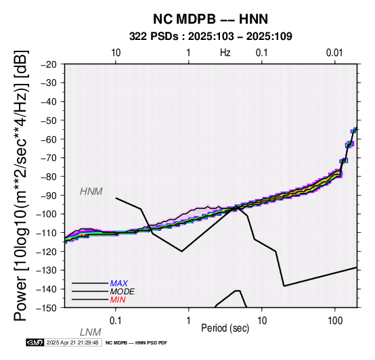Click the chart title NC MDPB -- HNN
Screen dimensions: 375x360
click(211, 19)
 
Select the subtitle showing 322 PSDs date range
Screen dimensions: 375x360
click(211, 37)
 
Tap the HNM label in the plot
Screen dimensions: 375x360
click(91, 192)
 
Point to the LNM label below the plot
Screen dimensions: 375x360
click(91, 332)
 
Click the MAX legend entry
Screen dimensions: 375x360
click(119, 284)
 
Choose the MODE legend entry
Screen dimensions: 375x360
click(123, 292)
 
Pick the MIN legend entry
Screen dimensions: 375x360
click(118, 300)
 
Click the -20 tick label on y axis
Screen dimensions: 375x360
click(49, 64)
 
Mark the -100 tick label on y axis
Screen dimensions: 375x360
click(46, 214)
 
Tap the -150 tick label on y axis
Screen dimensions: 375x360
click(46, 308)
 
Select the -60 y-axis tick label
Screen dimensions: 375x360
click(49, 139)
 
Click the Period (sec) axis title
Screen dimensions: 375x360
click(225, 328)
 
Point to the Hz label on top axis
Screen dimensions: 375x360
click(225, 53)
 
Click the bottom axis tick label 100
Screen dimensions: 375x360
click(335, 320)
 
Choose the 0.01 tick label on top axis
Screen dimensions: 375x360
click(334, 53)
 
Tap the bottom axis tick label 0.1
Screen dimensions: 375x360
click(116, 320)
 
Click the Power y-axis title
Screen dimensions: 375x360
click(21, 186)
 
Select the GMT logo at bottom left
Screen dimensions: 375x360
click(35, 342)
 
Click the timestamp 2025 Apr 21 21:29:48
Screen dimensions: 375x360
click(72, 342)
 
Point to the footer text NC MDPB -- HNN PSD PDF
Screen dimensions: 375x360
click(136, 343)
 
